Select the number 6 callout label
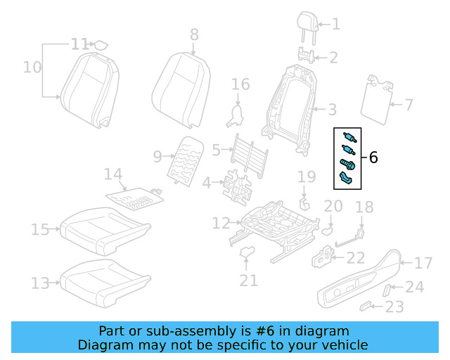[373, 158]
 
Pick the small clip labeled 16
[236, 113]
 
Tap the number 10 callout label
[32, 67]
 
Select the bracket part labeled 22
[324, 257]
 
